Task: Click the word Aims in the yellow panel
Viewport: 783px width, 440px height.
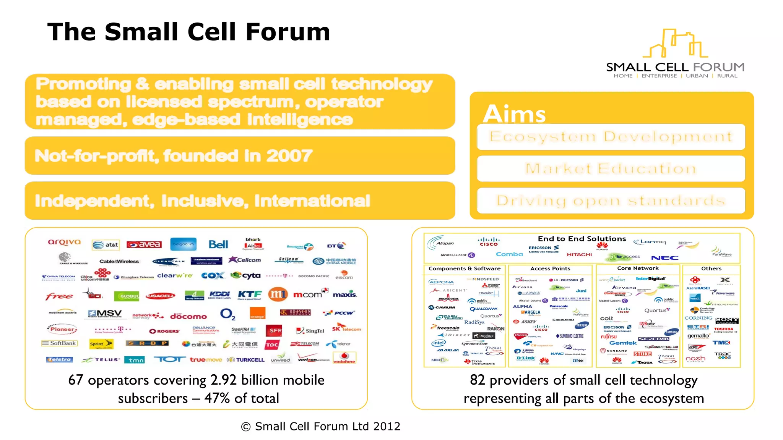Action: coord(514,114)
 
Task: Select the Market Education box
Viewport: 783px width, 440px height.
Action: coord(611,168)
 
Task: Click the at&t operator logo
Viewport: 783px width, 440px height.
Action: coord(106,245)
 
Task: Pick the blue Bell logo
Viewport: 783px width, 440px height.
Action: coord(218,244)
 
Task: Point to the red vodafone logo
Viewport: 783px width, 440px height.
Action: coord(344,358)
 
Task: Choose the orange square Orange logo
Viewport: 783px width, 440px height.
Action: coord(257,313)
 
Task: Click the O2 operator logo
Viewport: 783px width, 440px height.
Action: coord(227,314)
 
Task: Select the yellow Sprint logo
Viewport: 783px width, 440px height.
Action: coord(101,344)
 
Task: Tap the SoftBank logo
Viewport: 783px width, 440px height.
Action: coord(60,343)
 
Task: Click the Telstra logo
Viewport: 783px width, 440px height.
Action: coord(59,359)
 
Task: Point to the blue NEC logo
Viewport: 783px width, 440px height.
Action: coord(665,258)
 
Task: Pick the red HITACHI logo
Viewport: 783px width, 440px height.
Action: coord(579,254)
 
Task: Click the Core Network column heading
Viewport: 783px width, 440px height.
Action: coord(638,268)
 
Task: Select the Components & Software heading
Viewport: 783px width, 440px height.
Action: coord(464,269)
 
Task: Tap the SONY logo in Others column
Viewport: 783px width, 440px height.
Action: coord(726,320)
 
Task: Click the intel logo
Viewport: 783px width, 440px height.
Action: coord(439,343)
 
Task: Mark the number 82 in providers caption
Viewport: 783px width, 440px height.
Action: coord(477,380)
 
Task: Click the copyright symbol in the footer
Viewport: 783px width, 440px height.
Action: coord(246,427)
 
